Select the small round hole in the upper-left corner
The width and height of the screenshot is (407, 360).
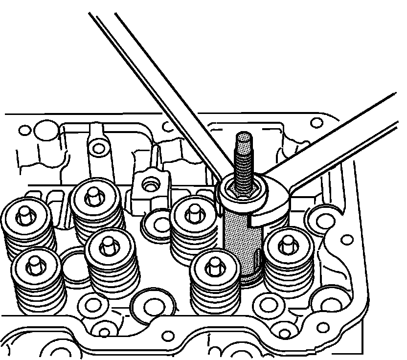[x=24, y=131]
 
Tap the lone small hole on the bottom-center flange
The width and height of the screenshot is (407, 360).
[x=169, y=336]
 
